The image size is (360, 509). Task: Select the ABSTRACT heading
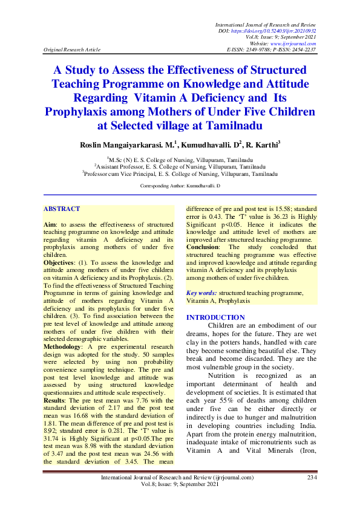point(61,209)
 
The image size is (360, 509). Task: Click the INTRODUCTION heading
point(215,317)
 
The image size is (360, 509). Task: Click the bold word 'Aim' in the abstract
point(50,223)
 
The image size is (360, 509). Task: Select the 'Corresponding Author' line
point(180,187)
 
